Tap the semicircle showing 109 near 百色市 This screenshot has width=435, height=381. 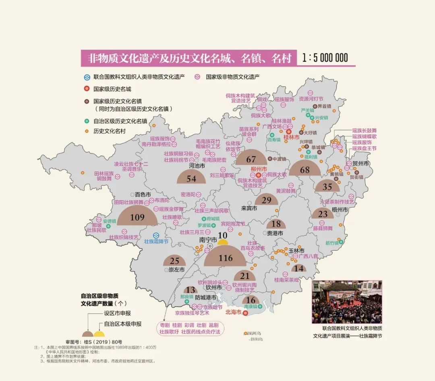coord(137,217)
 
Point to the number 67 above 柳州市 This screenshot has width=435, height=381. coord(251,159)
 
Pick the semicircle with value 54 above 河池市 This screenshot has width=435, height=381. coord(191,178)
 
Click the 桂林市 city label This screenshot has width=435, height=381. coord(292,137)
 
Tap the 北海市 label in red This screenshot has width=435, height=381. coord(233,312)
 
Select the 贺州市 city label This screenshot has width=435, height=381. coord(360,164)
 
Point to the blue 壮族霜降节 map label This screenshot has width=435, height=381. coord(156,242)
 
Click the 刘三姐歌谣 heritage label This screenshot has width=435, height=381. coord(222,175)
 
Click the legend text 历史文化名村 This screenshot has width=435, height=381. coord(110,131)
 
